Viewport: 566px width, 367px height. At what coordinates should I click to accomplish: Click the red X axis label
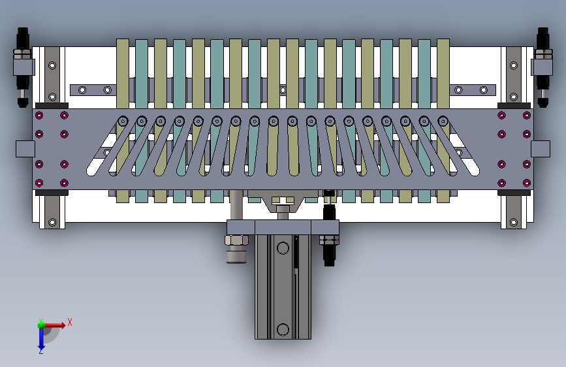click(70, 322)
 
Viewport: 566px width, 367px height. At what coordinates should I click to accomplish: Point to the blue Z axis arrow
click(40, 338)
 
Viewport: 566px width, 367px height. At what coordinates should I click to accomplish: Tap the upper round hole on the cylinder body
click(283, 248)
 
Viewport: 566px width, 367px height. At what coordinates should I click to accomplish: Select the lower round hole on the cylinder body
click(283, 330)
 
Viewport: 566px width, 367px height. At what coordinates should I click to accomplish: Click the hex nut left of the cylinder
click(236, 240)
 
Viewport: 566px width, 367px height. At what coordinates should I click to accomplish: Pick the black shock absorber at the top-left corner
click(22, 67)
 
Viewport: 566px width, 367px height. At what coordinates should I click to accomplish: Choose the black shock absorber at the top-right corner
click(543, 67)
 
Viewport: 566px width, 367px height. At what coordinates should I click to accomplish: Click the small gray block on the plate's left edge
click(25, 149)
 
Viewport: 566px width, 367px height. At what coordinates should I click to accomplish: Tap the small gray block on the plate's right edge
click(541, 149)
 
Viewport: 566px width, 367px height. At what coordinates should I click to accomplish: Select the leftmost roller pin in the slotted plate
click(123, 121)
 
